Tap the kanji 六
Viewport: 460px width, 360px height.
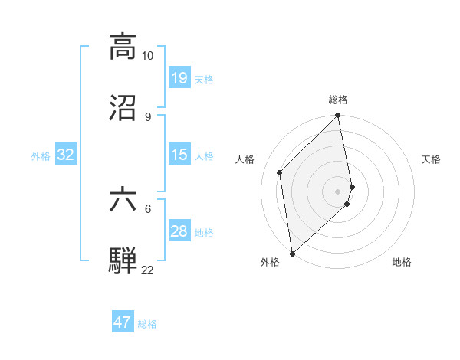click(x=123, y=199)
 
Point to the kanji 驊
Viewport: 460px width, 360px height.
click(x=123, y=260)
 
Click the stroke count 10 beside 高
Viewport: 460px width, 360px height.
click(x=148, y=56)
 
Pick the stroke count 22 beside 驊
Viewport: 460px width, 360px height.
click(x=148, y=270)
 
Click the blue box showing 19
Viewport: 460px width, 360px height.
click(x=179, y=77)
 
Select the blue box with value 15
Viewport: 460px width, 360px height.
click(x=179, y=155)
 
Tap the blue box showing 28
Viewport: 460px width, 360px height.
click(x=179, y=231)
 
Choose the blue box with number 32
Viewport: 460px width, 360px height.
click(x=66, y=155)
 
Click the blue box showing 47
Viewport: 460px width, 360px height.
click(x=123, y=322)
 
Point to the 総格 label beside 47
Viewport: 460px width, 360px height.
click(x=147, y=324)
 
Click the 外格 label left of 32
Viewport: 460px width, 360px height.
click(x=41, y=155)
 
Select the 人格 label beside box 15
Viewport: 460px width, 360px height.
click(x=204, y=155)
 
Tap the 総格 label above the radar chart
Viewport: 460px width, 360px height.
click(x=338, y=100)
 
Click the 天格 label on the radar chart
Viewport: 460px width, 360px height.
click(x=432, y=159)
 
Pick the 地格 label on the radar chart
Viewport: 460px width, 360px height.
click(x=402, y=262)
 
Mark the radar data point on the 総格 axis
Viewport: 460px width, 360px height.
click(x=338, y=116)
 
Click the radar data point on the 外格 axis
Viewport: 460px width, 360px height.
click(x=292, y=253)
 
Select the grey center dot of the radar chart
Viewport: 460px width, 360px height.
click(x=338, y=191)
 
